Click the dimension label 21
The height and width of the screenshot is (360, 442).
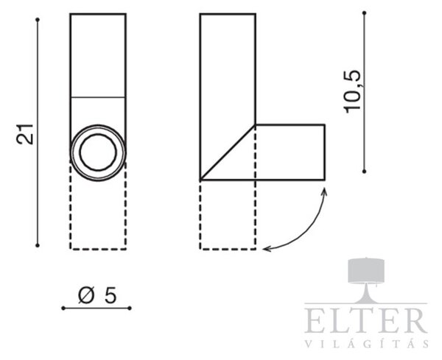pos(25,134)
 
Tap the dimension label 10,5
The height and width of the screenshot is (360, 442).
pos(353,91)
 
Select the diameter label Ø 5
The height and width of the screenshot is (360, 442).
pos(97,296)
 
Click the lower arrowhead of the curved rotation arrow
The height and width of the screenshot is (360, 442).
pos(267,248)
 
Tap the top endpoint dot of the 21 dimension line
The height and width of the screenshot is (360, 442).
pos(38,20)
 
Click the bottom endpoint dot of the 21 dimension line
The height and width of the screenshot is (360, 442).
pos(38,245)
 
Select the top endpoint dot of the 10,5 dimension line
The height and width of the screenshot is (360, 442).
pos(364,13)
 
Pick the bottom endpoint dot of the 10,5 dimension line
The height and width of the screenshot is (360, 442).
pos(364,172)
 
